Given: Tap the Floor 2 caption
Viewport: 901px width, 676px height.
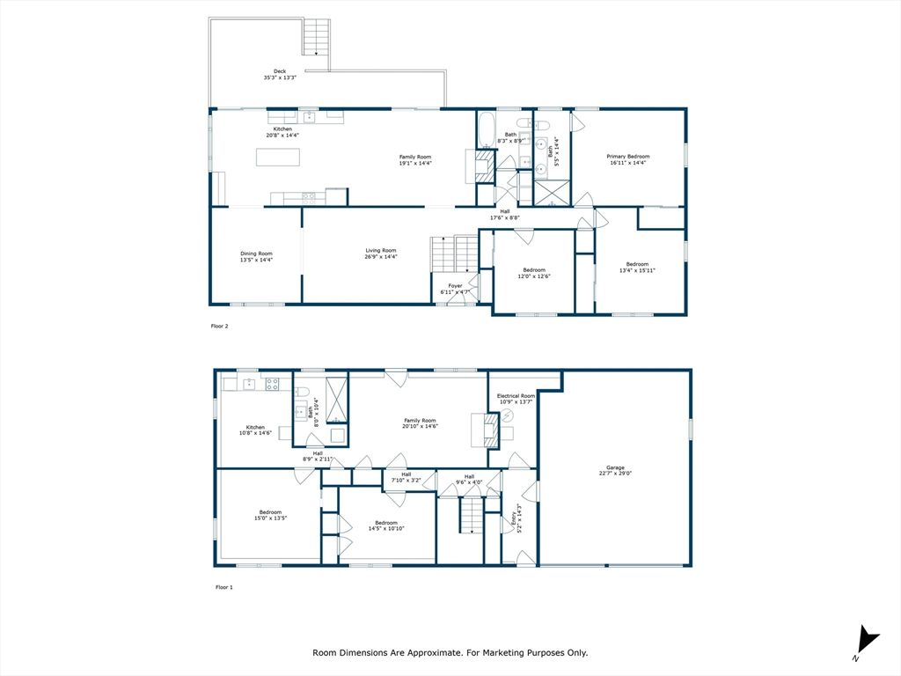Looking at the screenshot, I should (x=219, y=326).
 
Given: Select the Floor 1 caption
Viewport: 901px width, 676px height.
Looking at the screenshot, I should (x=223, y=586).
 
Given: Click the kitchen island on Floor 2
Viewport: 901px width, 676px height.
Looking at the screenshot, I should (x=278, y=158).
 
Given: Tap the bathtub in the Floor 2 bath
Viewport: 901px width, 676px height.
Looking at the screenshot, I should (x=487, y=130).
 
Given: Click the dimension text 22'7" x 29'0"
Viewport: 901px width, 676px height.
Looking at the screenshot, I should (x=614, y=474).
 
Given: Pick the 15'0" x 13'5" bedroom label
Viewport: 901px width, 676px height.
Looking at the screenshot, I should (x=270, y=515).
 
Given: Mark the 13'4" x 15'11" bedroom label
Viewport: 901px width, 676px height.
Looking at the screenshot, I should (x=637, y=267).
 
